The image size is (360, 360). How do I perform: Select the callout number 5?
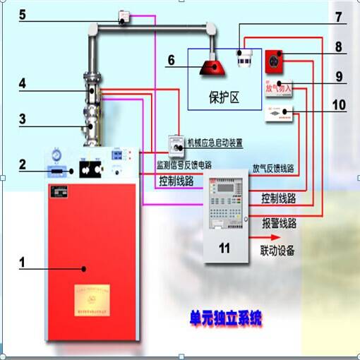coord(22,13)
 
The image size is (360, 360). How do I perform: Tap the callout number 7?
coord(338,16)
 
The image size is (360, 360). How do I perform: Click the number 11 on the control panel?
coord(224,248)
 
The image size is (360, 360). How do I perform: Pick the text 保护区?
coord(225,97)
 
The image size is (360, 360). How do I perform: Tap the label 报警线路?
coord(279,223)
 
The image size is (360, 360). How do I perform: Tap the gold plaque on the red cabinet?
coord(92,296)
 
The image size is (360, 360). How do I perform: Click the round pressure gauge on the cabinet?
coord(56,155)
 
